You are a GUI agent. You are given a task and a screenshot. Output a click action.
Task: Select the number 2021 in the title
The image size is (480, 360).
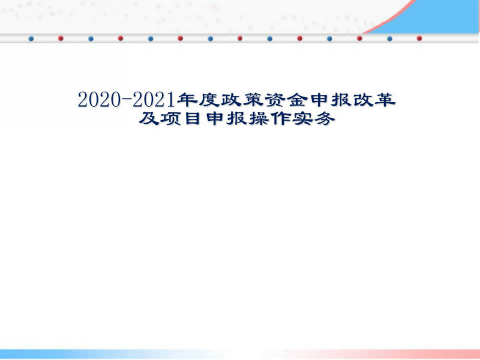154,100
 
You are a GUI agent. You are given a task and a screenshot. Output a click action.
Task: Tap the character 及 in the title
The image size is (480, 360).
149,118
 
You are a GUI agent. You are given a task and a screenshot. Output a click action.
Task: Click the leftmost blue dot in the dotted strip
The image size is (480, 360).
31,38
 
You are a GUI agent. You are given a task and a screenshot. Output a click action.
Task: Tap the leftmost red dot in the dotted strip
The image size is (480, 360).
61,38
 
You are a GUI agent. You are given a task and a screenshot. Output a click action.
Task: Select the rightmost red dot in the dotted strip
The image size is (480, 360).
419,38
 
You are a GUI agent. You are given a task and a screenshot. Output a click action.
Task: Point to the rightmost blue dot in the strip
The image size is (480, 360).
389,38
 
